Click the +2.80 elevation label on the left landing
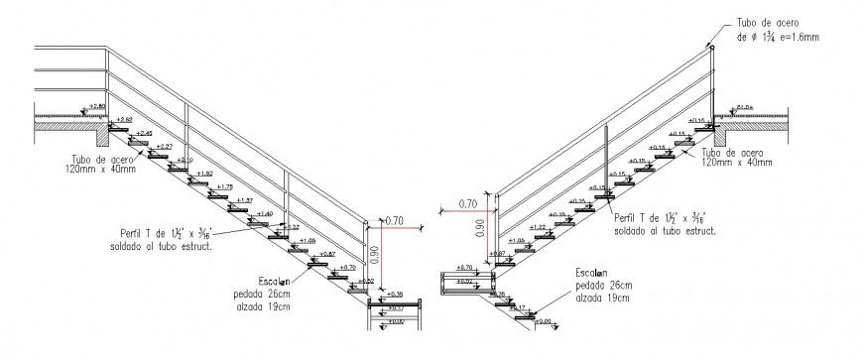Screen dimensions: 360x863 pos(96,105)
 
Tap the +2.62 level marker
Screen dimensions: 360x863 pos(124,119)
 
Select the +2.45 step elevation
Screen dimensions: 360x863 pos(143,133)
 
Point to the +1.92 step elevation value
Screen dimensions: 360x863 pos(203,174)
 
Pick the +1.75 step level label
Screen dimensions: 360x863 pos(223,186)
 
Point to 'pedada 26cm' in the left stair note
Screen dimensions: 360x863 pos(264,295)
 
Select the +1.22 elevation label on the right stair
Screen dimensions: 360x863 pos(538,227)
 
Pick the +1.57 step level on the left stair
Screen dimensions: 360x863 pos(243,200)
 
